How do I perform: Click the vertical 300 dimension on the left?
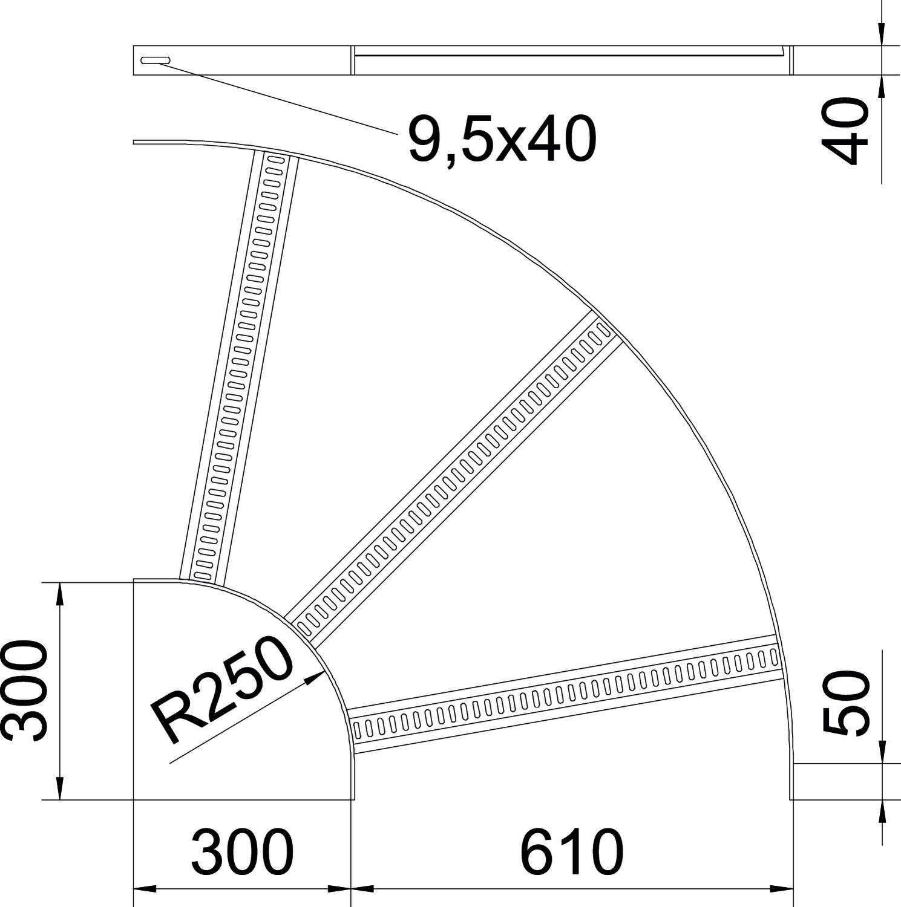coord(24,691)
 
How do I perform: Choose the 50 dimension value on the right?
coord(845,703)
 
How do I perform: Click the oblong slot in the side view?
coord(156,60)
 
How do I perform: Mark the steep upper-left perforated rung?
coord(240,366)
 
